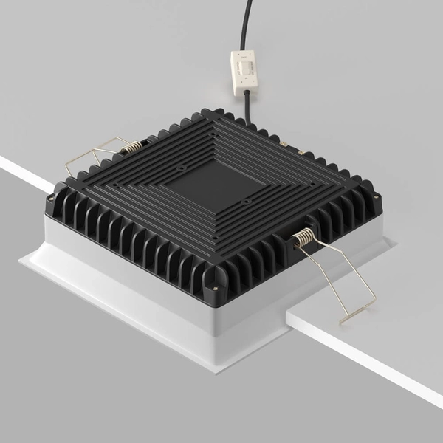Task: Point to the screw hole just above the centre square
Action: pyautogui.click(x=180, y=168)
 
